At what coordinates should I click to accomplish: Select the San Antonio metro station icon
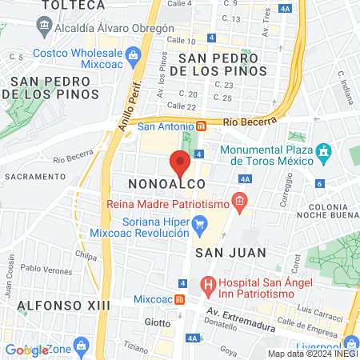coord(202,126)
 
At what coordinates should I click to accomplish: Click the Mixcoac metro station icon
coord(181,300)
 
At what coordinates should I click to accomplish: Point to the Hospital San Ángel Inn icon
coord(207,283)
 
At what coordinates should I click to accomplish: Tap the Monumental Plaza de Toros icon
coord(323,151)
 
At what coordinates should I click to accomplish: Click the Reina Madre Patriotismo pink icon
coord(238,203)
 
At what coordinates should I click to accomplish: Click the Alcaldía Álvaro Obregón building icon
coord(41,26)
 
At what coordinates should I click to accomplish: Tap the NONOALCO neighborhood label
coord(160,185)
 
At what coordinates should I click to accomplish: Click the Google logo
coord(26,350)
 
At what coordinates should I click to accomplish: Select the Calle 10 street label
coord(180,40)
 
